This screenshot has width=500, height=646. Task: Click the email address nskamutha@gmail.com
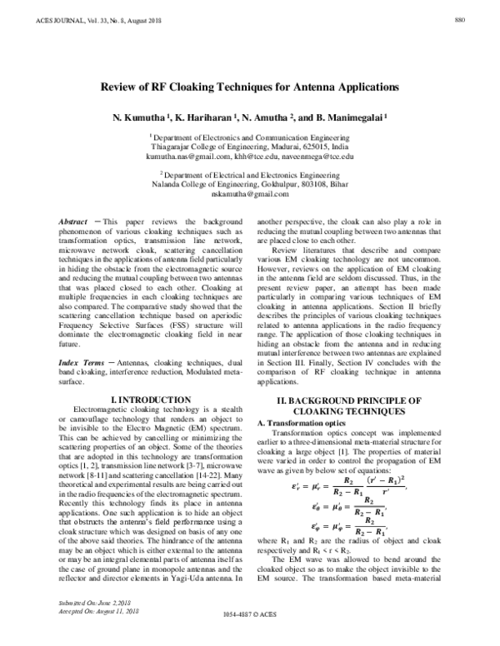coord(250,193)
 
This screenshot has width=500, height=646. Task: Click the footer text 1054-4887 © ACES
coord(250,637)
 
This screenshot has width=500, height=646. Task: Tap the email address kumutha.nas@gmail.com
coord(185,156)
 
